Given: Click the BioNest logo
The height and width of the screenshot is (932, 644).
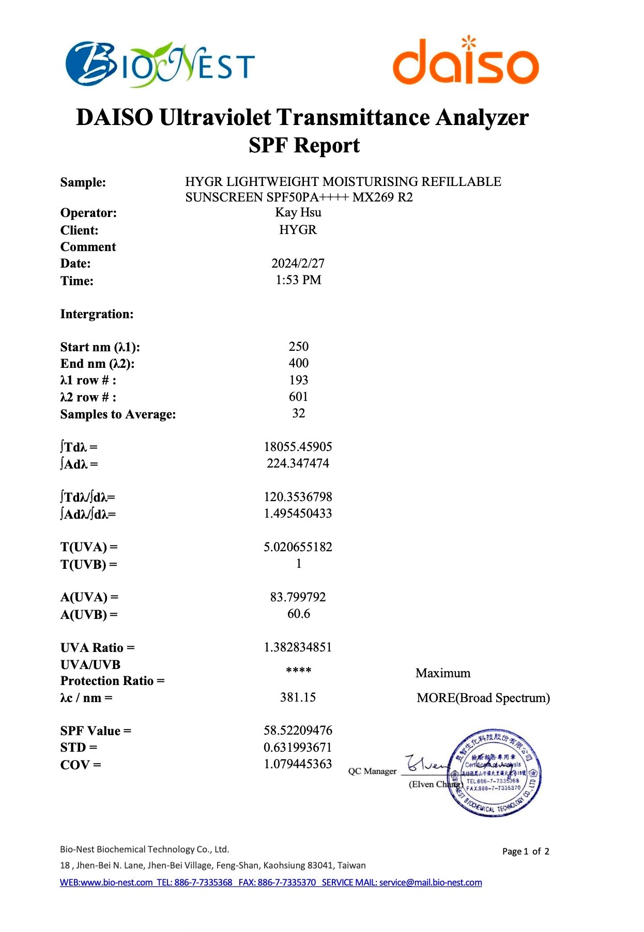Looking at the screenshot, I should coord(160,65).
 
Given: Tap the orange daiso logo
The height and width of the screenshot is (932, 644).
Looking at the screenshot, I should coord(466,62).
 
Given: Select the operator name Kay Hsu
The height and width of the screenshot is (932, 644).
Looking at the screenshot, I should coord(298,212).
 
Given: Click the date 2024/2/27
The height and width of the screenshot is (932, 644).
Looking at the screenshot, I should coord(298,263).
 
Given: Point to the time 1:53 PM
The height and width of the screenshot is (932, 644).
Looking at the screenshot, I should coord(298,280).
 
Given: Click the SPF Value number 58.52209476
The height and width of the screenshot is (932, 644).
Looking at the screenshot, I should coord(298,731).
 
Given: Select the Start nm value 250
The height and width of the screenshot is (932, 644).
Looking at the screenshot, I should coord(299,347).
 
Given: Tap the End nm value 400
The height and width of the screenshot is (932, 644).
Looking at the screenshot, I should coord(299,363).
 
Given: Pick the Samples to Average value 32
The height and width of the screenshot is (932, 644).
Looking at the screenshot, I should coord(299,413).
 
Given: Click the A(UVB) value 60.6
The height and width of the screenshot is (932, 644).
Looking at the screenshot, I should coord(299,614).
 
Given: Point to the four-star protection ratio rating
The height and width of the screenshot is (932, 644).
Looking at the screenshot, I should coord(299,671).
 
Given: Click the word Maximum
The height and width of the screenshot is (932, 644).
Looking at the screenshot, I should coord(443,673).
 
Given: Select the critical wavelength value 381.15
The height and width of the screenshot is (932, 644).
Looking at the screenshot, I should coord(298,697).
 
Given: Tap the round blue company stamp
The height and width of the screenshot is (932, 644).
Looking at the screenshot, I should coord(495,773).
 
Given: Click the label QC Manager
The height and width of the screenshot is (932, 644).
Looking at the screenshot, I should coord(372,771).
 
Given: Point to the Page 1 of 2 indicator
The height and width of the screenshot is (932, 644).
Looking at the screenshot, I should coord(526,851).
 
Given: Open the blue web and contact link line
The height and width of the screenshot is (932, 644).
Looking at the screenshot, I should coord(271,882).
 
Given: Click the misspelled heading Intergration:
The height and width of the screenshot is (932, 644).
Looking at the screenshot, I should coord(97,314).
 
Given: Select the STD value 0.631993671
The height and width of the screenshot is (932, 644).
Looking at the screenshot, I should coord(298,748).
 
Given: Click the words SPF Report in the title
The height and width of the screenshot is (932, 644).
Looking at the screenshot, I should coord(304,145).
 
